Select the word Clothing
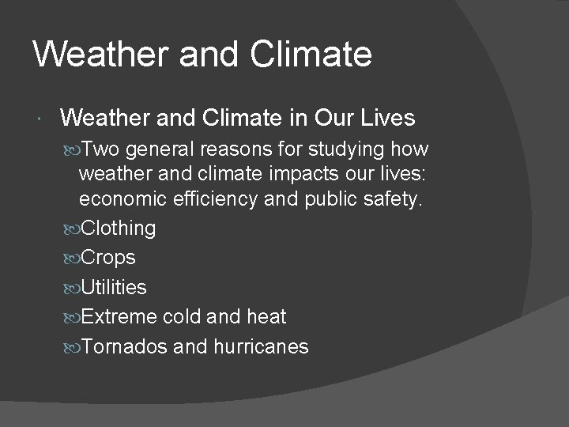[119, 229]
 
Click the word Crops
[108, 258]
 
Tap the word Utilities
[114, 287]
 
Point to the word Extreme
[119, 317]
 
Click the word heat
[266, 317]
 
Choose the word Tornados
[124, 346]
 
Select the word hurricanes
[261, 346]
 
